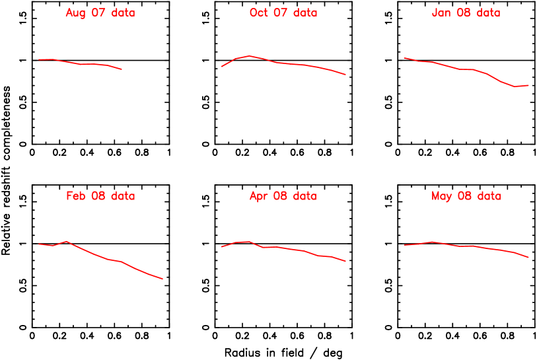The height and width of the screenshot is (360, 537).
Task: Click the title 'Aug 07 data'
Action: pos(100,13)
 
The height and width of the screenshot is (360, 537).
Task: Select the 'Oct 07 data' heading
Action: pos(283,13)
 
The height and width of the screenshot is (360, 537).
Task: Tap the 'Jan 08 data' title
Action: pos(466,13)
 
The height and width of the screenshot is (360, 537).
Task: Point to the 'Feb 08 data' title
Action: pos(100,196)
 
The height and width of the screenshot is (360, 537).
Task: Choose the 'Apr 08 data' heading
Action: pos(283,196)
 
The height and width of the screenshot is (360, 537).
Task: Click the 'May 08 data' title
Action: pos(466,196)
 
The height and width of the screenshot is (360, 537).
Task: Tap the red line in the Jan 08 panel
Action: pos(462,69)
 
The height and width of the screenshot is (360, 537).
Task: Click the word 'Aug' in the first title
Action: pos(75,13)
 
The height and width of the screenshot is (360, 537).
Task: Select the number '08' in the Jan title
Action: pos(464,13)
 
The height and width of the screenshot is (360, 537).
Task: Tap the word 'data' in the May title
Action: pos(489,196)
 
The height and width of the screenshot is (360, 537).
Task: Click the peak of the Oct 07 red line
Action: pos(249,56)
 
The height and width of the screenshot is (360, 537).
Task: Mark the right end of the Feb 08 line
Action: pos(162,279)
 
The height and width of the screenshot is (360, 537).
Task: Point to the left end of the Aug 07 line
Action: pos(39,59)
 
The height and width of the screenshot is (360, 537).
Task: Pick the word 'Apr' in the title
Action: pos(259,196)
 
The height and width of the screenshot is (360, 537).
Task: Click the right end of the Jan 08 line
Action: pos(528,85)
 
